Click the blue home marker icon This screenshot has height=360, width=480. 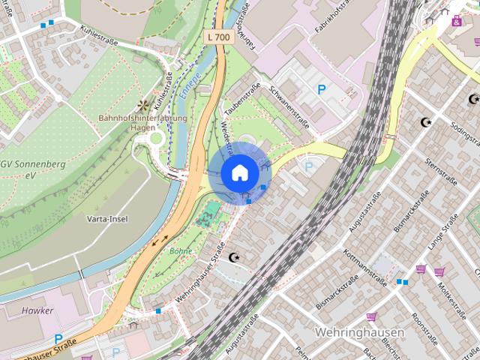click(x=239, y=172)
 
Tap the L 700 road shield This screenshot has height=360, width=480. click(x=217, y=36)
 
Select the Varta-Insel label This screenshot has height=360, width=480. click(x=107, y=219)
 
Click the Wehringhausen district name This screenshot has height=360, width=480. click(x=360, y=332)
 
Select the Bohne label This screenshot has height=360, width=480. click(x=181, y=251)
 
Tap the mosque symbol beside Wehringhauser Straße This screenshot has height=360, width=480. click(x=236, y=257)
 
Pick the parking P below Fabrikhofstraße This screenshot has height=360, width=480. click(x=322, y=89)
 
